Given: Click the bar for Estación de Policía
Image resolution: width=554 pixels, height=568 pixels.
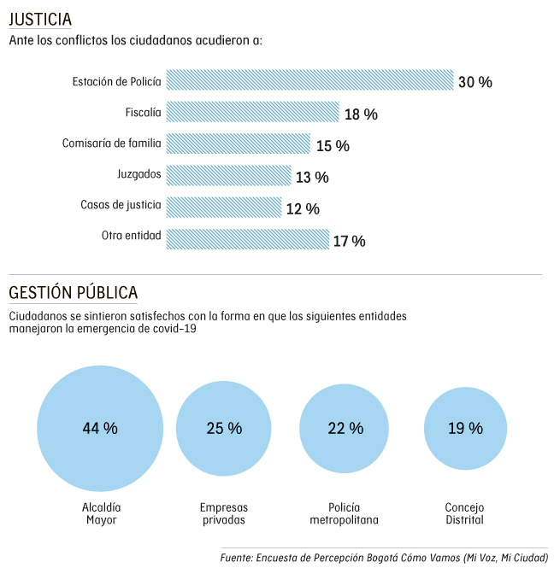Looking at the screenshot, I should click(x=309, y=80).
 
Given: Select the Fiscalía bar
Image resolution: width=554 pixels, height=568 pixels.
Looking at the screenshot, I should click(x=253, y=112).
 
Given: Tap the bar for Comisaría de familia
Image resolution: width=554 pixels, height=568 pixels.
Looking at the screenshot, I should click(x=239, y=143).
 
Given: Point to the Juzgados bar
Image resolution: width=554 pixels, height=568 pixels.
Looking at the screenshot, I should click(x=229, y=175).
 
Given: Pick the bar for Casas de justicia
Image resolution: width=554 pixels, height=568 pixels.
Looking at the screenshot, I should click(x=224, y=207).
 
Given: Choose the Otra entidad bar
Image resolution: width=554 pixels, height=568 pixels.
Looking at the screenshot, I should click(x=248, y=239).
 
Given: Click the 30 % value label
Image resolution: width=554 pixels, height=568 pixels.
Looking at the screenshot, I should click(x=475, y=82).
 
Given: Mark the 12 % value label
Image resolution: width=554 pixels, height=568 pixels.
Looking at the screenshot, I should click(x=303, y=208).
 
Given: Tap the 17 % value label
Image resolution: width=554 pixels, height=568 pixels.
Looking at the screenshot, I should click(x=349, y=241).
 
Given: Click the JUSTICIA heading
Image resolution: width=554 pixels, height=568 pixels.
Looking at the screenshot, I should click(x=40, y=20).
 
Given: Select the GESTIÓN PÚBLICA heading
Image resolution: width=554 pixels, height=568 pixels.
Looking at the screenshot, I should click(x=73, y=293).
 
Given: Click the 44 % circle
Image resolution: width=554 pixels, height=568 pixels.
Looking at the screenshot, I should click(x=100, y=428).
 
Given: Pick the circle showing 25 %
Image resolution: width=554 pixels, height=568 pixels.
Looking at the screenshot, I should click(x=224, y=428).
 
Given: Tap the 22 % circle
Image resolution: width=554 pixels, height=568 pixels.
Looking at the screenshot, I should click(x=347, y=428).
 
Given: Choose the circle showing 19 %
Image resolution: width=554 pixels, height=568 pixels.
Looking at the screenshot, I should click(x=465, y=428).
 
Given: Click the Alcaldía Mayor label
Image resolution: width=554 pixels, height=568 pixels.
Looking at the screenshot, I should click(x=101, y=512).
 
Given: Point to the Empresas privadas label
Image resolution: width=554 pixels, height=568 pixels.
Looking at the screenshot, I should click(x=224, y=512).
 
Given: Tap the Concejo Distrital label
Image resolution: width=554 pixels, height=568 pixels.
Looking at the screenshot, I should click(x=465, y=512).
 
